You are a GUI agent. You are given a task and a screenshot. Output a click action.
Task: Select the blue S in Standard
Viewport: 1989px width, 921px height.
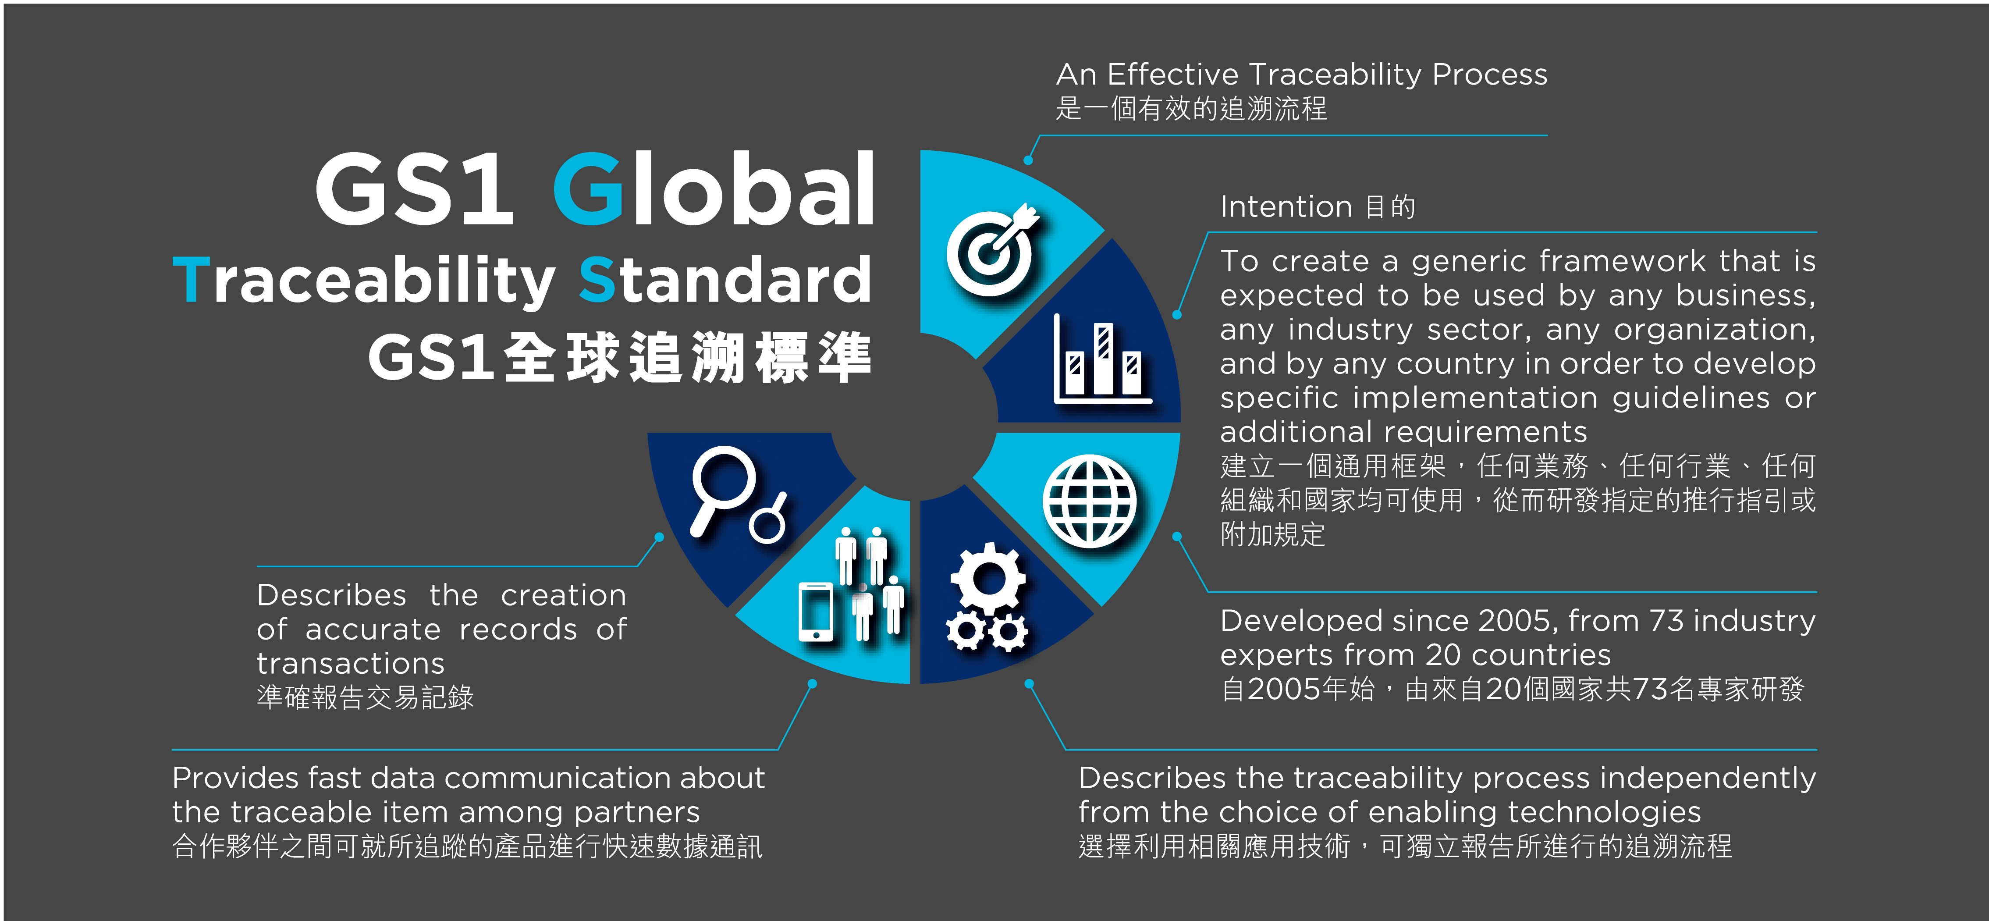(596, 280)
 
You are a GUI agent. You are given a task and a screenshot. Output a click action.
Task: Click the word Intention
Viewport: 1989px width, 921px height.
(1286, 207)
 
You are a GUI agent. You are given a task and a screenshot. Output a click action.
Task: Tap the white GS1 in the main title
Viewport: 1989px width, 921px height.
(415, 189)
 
